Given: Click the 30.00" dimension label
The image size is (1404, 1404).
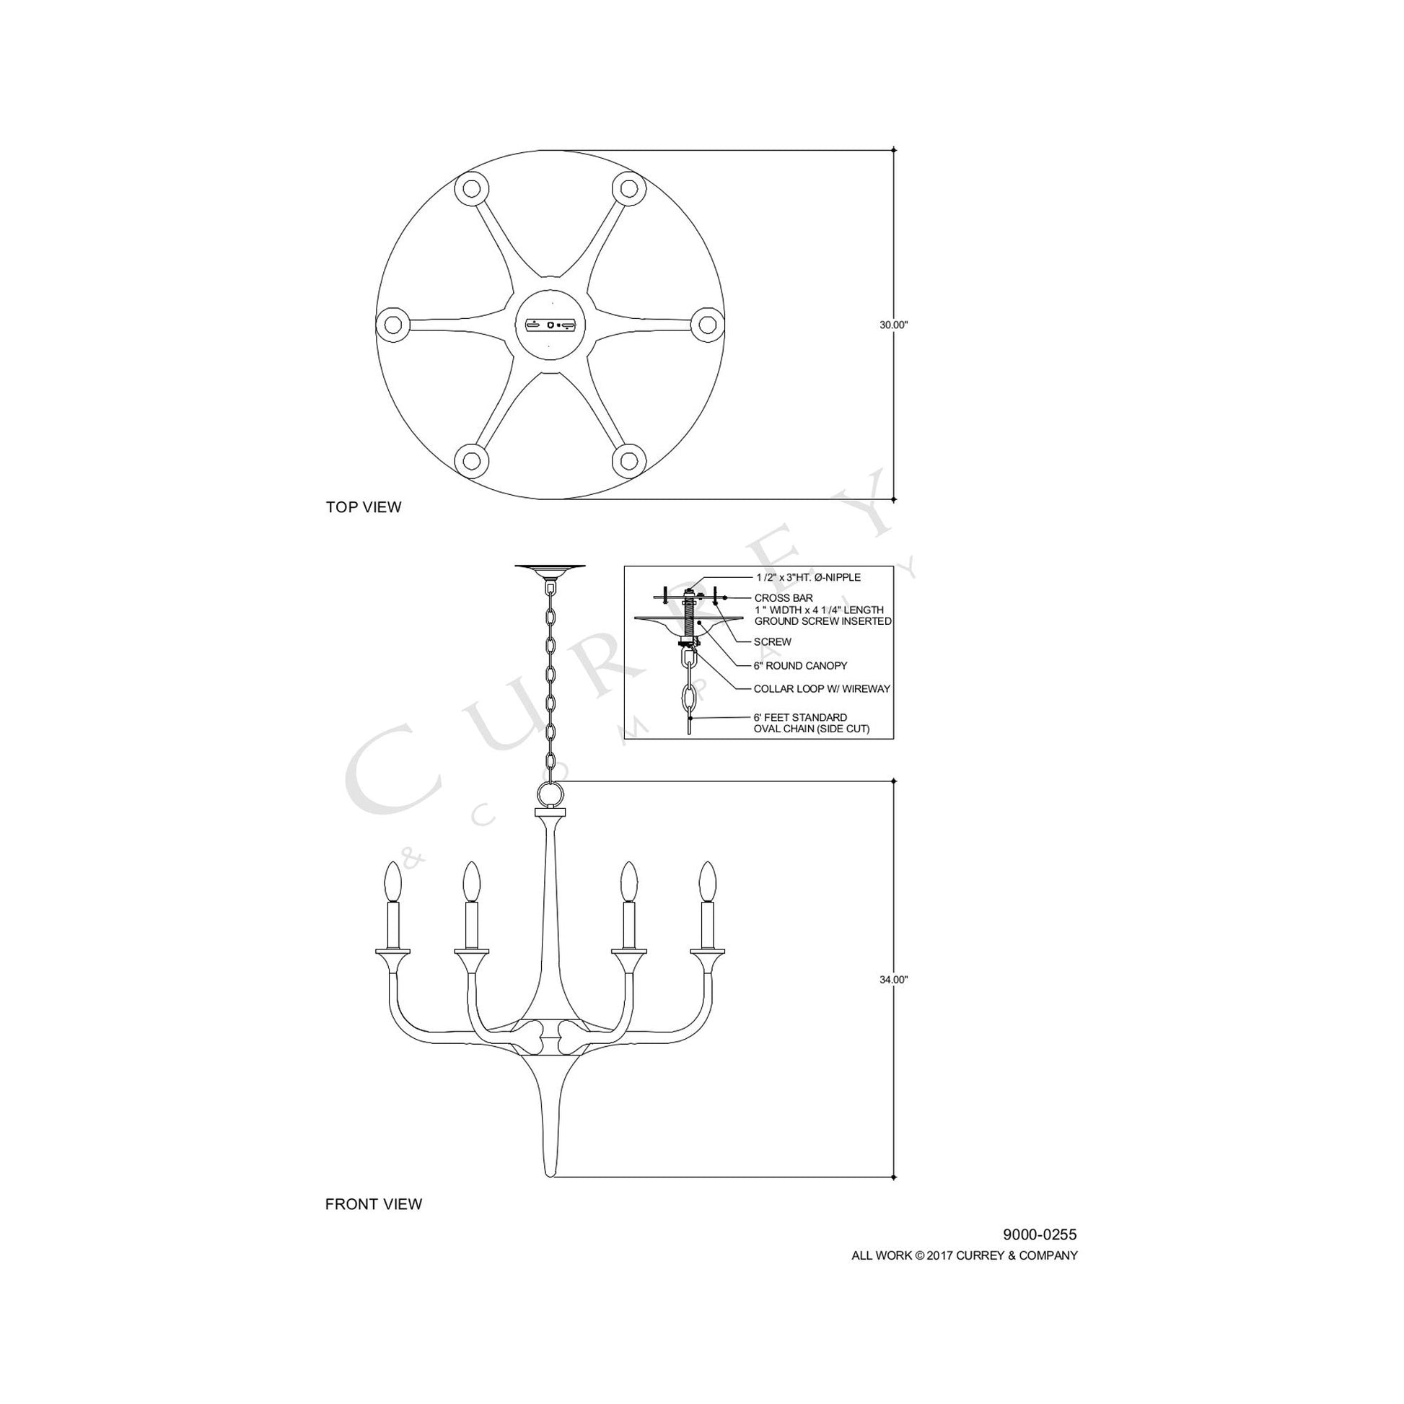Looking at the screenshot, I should [x=894, y=325].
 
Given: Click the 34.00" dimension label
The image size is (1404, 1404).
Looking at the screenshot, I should [x=894, y=980].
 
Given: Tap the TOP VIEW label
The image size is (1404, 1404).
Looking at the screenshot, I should [x=364, y=507].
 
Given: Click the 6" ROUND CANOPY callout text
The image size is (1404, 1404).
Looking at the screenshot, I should [x=800, y=666].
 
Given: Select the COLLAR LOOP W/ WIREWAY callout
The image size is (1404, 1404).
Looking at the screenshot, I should [x=821, y=689].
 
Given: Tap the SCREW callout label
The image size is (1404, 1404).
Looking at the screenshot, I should [x=773, y=641].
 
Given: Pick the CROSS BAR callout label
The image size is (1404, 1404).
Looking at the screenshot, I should [x=784, y=598].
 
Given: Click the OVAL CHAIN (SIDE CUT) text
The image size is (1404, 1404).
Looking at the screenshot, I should [x=811, y=729].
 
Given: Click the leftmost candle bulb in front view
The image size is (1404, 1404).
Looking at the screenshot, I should [x=393, y=881].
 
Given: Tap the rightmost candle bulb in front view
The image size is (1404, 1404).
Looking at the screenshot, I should [x=707, y=881].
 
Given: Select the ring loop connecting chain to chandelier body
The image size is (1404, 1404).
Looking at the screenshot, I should [x=550, y=794].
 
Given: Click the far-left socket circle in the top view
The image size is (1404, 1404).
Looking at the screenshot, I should [x=393, y=325].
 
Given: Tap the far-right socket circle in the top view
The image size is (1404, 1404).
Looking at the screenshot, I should [x=706, y=325].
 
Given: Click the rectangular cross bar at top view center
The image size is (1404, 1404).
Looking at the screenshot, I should [x=550, y=325].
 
